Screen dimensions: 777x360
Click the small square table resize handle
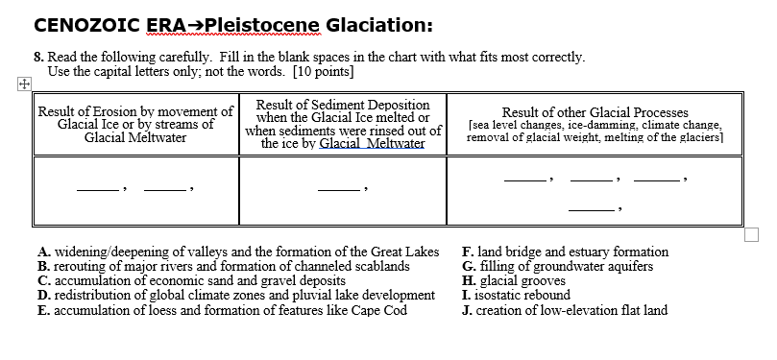[752, 233]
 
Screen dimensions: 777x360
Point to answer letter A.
[43, 252]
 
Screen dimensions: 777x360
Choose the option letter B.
[43, 266]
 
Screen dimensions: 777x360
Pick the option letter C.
[43, 280]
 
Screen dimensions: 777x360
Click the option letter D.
[43, 295]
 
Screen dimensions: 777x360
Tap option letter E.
[43, 309]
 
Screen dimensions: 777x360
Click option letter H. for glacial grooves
[468, 280]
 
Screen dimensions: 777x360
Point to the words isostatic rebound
[524, 295]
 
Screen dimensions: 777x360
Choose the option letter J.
[467, 309]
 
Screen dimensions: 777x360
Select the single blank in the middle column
[337, 186]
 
